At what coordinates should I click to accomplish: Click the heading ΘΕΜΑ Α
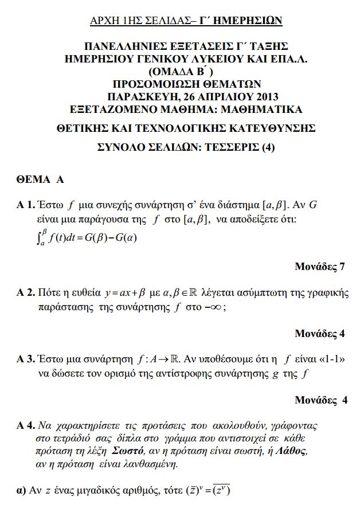40,179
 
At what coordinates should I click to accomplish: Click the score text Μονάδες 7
320,267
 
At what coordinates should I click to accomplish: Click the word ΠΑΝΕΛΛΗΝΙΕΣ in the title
120,46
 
